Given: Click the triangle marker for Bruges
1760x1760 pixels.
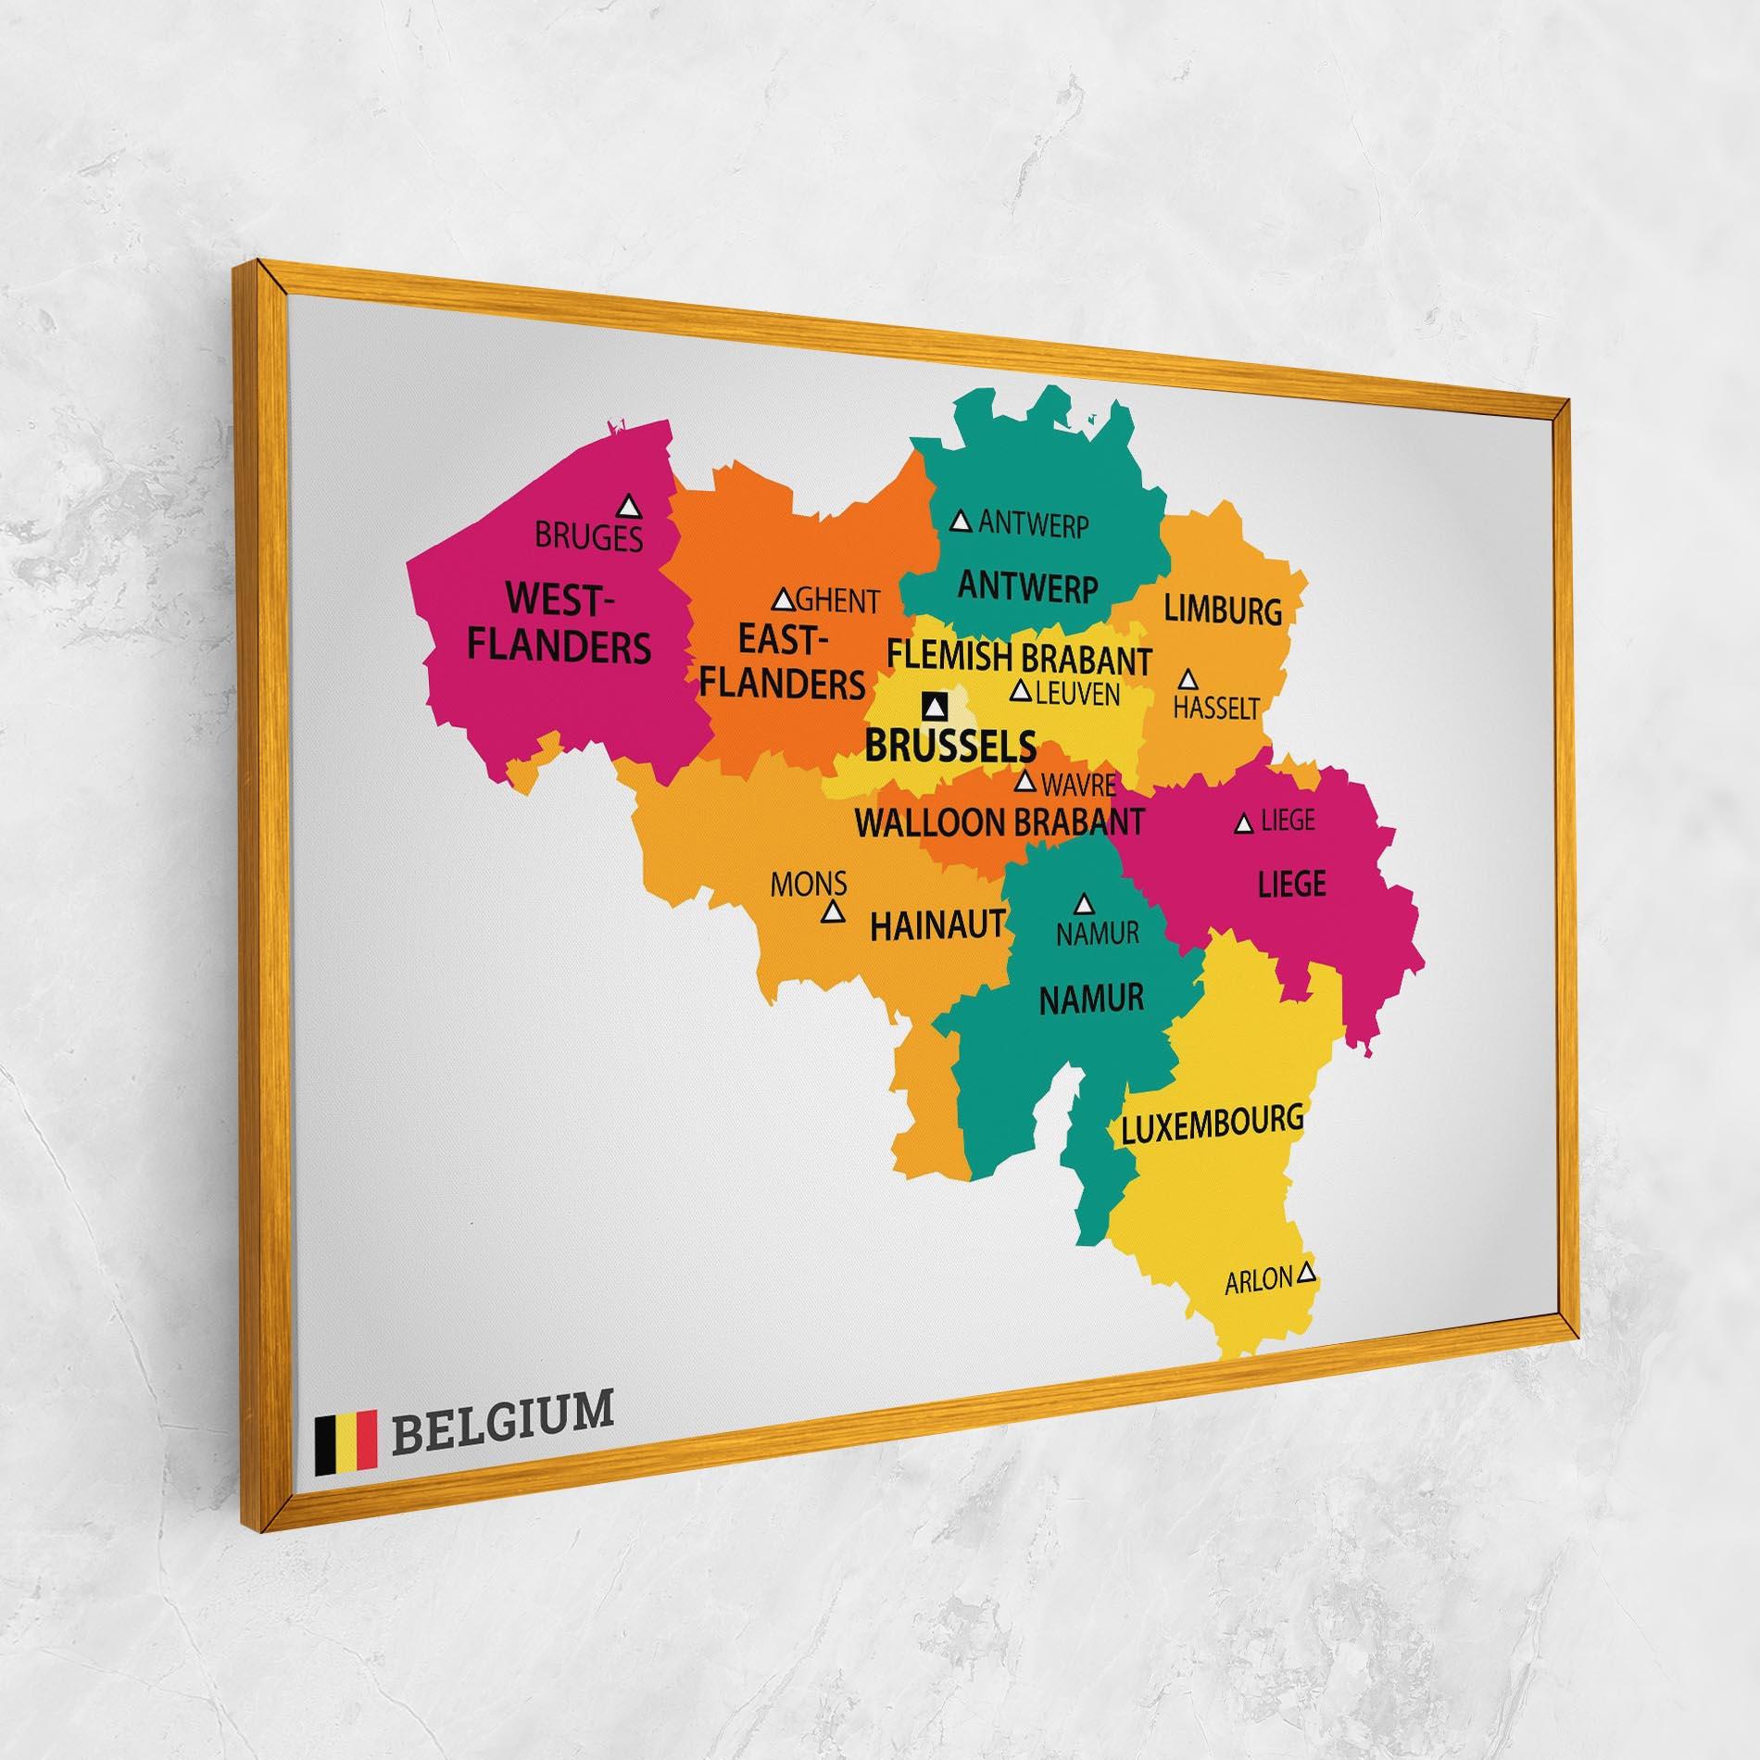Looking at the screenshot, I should pos(630,506).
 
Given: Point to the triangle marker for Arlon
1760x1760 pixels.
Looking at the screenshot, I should pos(1306,1272).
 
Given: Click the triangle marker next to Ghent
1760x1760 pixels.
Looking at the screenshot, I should pos(784,600).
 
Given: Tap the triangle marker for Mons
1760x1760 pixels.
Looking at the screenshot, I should pos(834,912).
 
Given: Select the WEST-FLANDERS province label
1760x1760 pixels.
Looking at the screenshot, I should pos(558,622).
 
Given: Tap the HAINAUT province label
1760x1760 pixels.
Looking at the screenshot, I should pos(937,925).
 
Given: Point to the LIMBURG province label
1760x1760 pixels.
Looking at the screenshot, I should pos(1223,610).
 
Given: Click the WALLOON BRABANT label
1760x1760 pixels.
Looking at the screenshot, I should pos(999,822).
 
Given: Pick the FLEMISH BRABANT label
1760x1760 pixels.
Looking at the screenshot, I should pos(1020,659).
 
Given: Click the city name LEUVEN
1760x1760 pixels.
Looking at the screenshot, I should pos(1077,694).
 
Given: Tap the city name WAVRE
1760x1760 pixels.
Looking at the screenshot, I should pos(1078,786).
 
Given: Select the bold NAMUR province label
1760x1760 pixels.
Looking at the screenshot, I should pos(1091,999).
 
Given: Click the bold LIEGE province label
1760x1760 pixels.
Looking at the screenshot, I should pos(1291,884).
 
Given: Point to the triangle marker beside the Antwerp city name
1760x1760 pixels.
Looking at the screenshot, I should pos(962,522).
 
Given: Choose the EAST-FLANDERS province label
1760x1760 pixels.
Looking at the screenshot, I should pos(782,660).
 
